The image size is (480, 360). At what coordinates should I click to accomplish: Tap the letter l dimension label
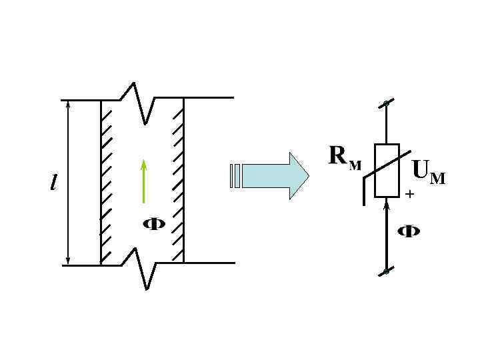click(53, 181)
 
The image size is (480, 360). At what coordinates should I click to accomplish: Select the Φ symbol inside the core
click(155, 224)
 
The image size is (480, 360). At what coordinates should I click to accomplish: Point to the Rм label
click(345, 157)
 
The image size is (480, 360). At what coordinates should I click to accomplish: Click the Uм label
click(428, 171)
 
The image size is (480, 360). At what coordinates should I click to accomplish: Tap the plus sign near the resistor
click(409, 194)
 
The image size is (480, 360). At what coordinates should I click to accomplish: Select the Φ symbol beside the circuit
click(409, 232)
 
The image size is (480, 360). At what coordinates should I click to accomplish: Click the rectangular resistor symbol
click(387, 171)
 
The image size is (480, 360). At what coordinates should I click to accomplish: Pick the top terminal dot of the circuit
click(386, 103)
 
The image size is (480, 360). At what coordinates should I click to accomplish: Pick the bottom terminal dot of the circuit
click(386, 271)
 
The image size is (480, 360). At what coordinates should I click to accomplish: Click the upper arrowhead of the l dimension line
click(68, 106)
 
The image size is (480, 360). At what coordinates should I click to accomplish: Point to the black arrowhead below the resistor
click(387, 207)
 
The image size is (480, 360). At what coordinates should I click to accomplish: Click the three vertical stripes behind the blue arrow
click(234, 175)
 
